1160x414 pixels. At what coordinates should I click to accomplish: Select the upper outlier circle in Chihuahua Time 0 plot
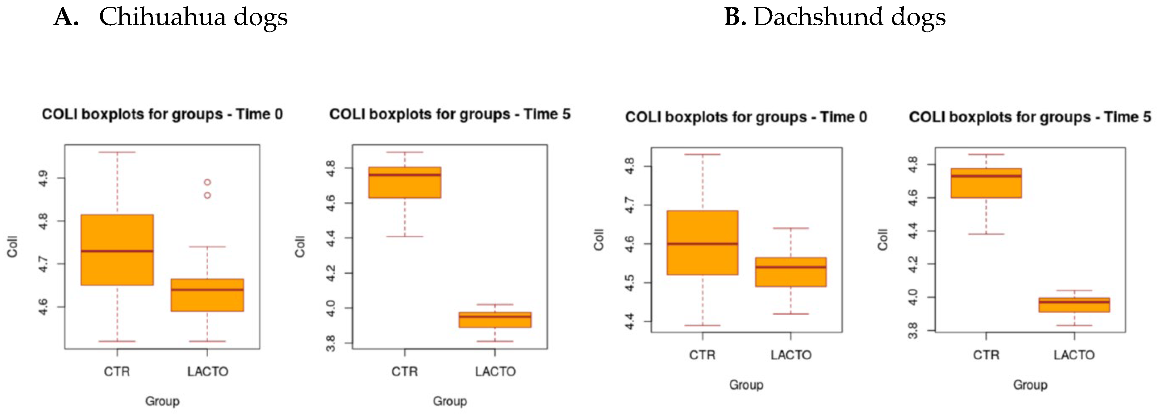(207, 182)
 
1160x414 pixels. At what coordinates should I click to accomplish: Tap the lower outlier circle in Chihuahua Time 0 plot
(207, 195)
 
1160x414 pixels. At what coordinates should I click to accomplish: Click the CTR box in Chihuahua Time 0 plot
(117, 250)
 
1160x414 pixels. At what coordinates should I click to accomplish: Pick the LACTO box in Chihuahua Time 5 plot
(495, 320)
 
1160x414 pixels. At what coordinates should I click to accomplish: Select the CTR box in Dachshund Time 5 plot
(986, 183)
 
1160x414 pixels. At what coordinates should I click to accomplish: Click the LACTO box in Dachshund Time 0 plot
(791, 272)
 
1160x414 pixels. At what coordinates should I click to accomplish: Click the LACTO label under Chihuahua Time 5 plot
(495, 372)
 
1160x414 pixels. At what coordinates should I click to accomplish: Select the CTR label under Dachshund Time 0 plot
(702, 355)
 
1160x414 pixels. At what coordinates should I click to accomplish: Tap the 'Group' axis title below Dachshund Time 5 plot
(1030, 385)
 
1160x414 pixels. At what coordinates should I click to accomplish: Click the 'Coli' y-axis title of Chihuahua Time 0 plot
(12, 246)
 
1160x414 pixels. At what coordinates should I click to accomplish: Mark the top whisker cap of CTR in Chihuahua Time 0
(117, 152)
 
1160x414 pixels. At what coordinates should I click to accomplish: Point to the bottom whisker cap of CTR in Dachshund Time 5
(986, 234)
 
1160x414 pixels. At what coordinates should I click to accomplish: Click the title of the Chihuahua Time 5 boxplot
(450, 114)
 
